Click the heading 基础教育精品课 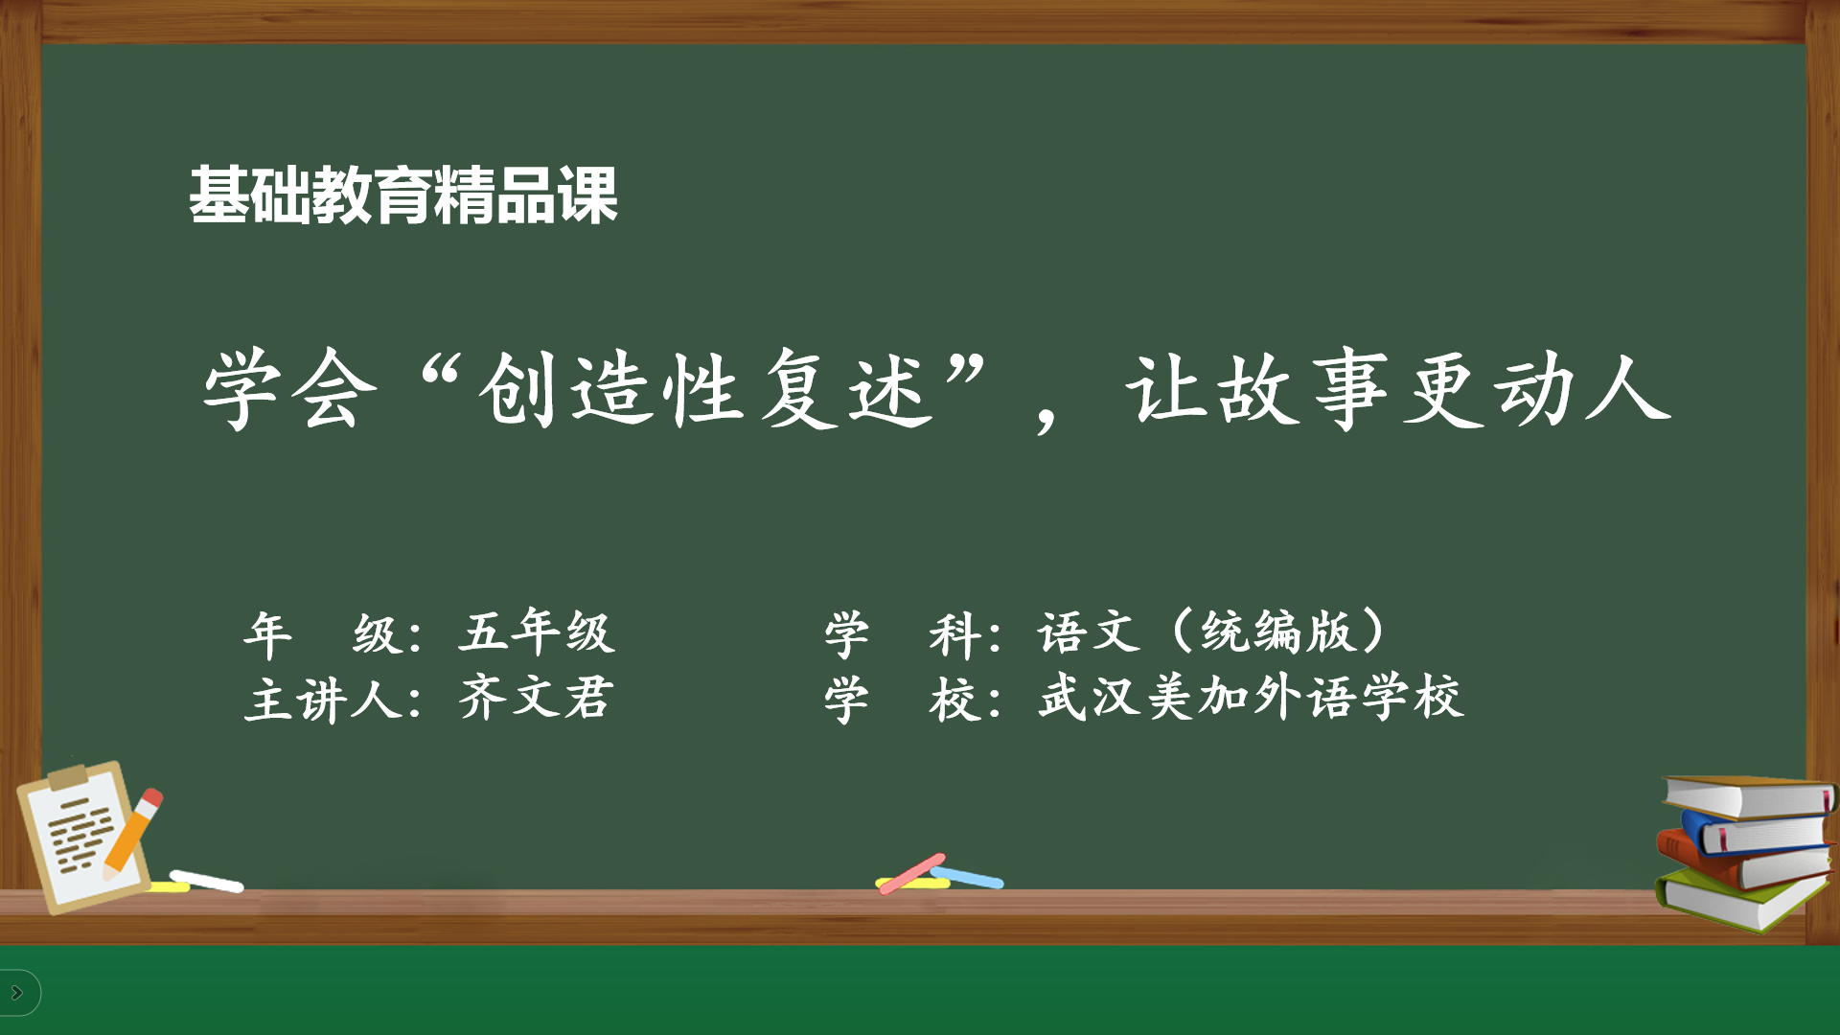pos(403,195)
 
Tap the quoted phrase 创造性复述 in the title pos(704,389)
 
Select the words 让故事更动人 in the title pos(1399,389)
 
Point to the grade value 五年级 pos(536,632)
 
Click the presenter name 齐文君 pos(536,698)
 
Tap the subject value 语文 pos(1090,632)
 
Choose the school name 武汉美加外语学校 pos(1251,697)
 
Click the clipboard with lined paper pos(80,835)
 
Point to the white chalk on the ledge pos(207,881)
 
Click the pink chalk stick pos(911,873)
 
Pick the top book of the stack pos(1750,796)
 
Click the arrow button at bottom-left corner pos(17,993)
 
